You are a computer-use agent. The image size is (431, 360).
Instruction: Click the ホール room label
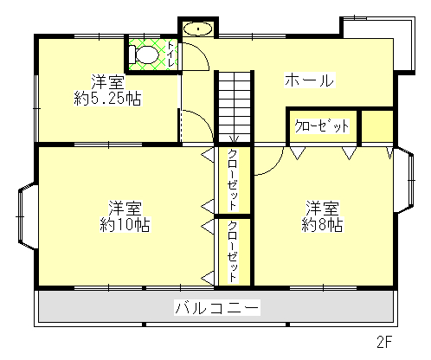(x=309, y=80)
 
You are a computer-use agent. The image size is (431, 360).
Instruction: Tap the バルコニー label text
(x=217, y=307)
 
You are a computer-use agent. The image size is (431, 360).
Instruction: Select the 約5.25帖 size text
(x=108, y=99)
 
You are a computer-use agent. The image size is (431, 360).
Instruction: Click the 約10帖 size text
(x=125, y=224)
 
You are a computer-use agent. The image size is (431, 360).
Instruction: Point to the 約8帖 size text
(x=321, y=224)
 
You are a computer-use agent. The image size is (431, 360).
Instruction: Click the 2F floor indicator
(x=384, y=342)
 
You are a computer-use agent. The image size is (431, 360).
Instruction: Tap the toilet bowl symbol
(x=145, y=55)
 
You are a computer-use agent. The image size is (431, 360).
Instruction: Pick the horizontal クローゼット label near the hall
(x=323, y=126)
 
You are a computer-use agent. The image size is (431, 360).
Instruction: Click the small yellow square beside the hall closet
(x=376, y=125)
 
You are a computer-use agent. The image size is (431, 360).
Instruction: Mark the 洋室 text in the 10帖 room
(x=125, y=208)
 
